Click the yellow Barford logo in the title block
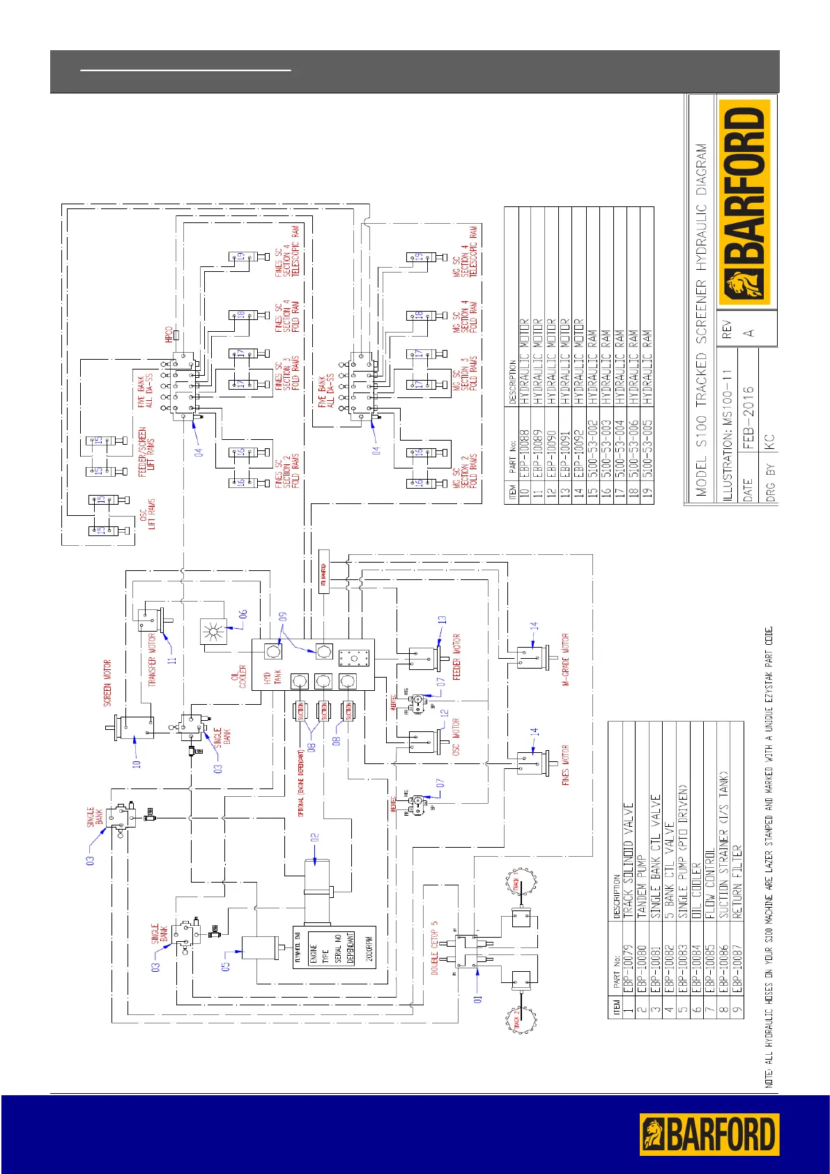(x=744, y=203)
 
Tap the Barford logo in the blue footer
(x=709, y=1134)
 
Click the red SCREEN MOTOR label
(x=107, y=683)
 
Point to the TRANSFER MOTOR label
(x=153, y=660)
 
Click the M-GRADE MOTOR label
(x=565, y=660)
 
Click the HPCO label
(x=169, y=334)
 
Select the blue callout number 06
(x=243, y=614)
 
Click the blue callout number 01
(x=477, y=998)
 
